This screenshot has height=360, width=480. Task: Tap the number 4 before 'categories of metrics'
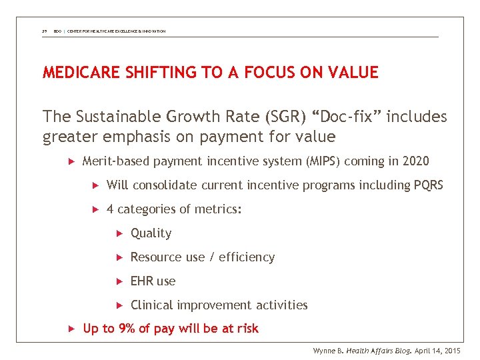(x=110, y=209)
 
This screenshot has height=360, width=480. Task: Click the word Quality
(x=151, y=233)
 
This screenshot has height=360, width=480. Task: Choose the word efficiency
(x=247, y=257)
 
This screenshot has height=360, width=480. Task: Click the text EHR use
(x=153, y=281)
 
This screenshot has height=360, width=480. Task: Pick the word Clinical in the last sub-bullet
(x=152, y=305)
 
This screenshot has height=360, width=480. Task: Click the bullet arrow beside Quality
(x=120, y=233)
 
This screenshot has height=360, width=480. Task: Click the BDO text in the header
(x=57, y=31)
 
